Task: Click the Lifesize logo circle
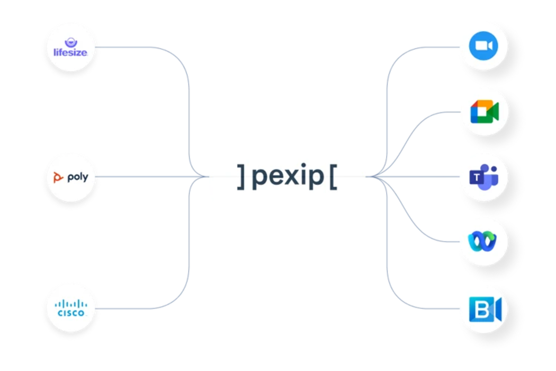[70, 47]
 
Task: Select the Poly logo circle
[70, 178]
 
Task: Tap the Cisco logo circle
[70, 308]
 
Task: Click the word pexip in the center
[288, 178]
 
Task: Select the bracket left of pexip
[241, 177]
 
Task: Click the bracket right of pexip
[333, 177]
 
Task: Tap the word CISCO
[71, 313]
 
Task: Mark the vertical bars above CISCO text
[71, 304]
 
